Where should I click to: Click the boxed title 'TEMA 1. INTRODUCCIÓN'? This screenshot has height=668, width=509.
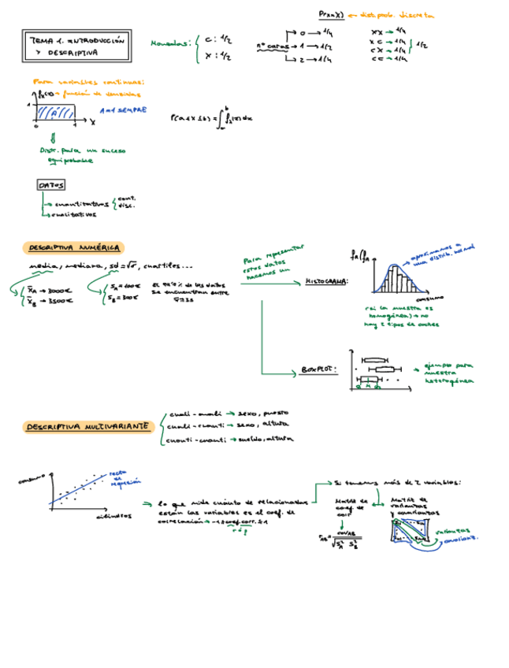tap(77, 40)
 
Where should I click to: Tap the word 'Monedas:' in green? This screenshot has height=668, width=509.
tap(170, 45)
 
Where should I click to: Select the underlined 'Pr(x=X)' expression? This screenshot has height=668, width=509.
tap(331, 14)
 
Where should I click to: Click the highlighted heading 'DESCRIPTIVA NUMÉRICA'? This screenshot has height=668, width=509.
tap(72, 247)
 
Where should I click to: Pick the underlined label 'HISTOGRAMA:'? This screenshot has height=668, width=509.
tap(327, 280)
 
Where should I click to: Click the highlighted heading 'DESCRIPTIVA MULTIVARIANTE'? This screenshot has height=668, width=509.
tap(87, 426)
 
